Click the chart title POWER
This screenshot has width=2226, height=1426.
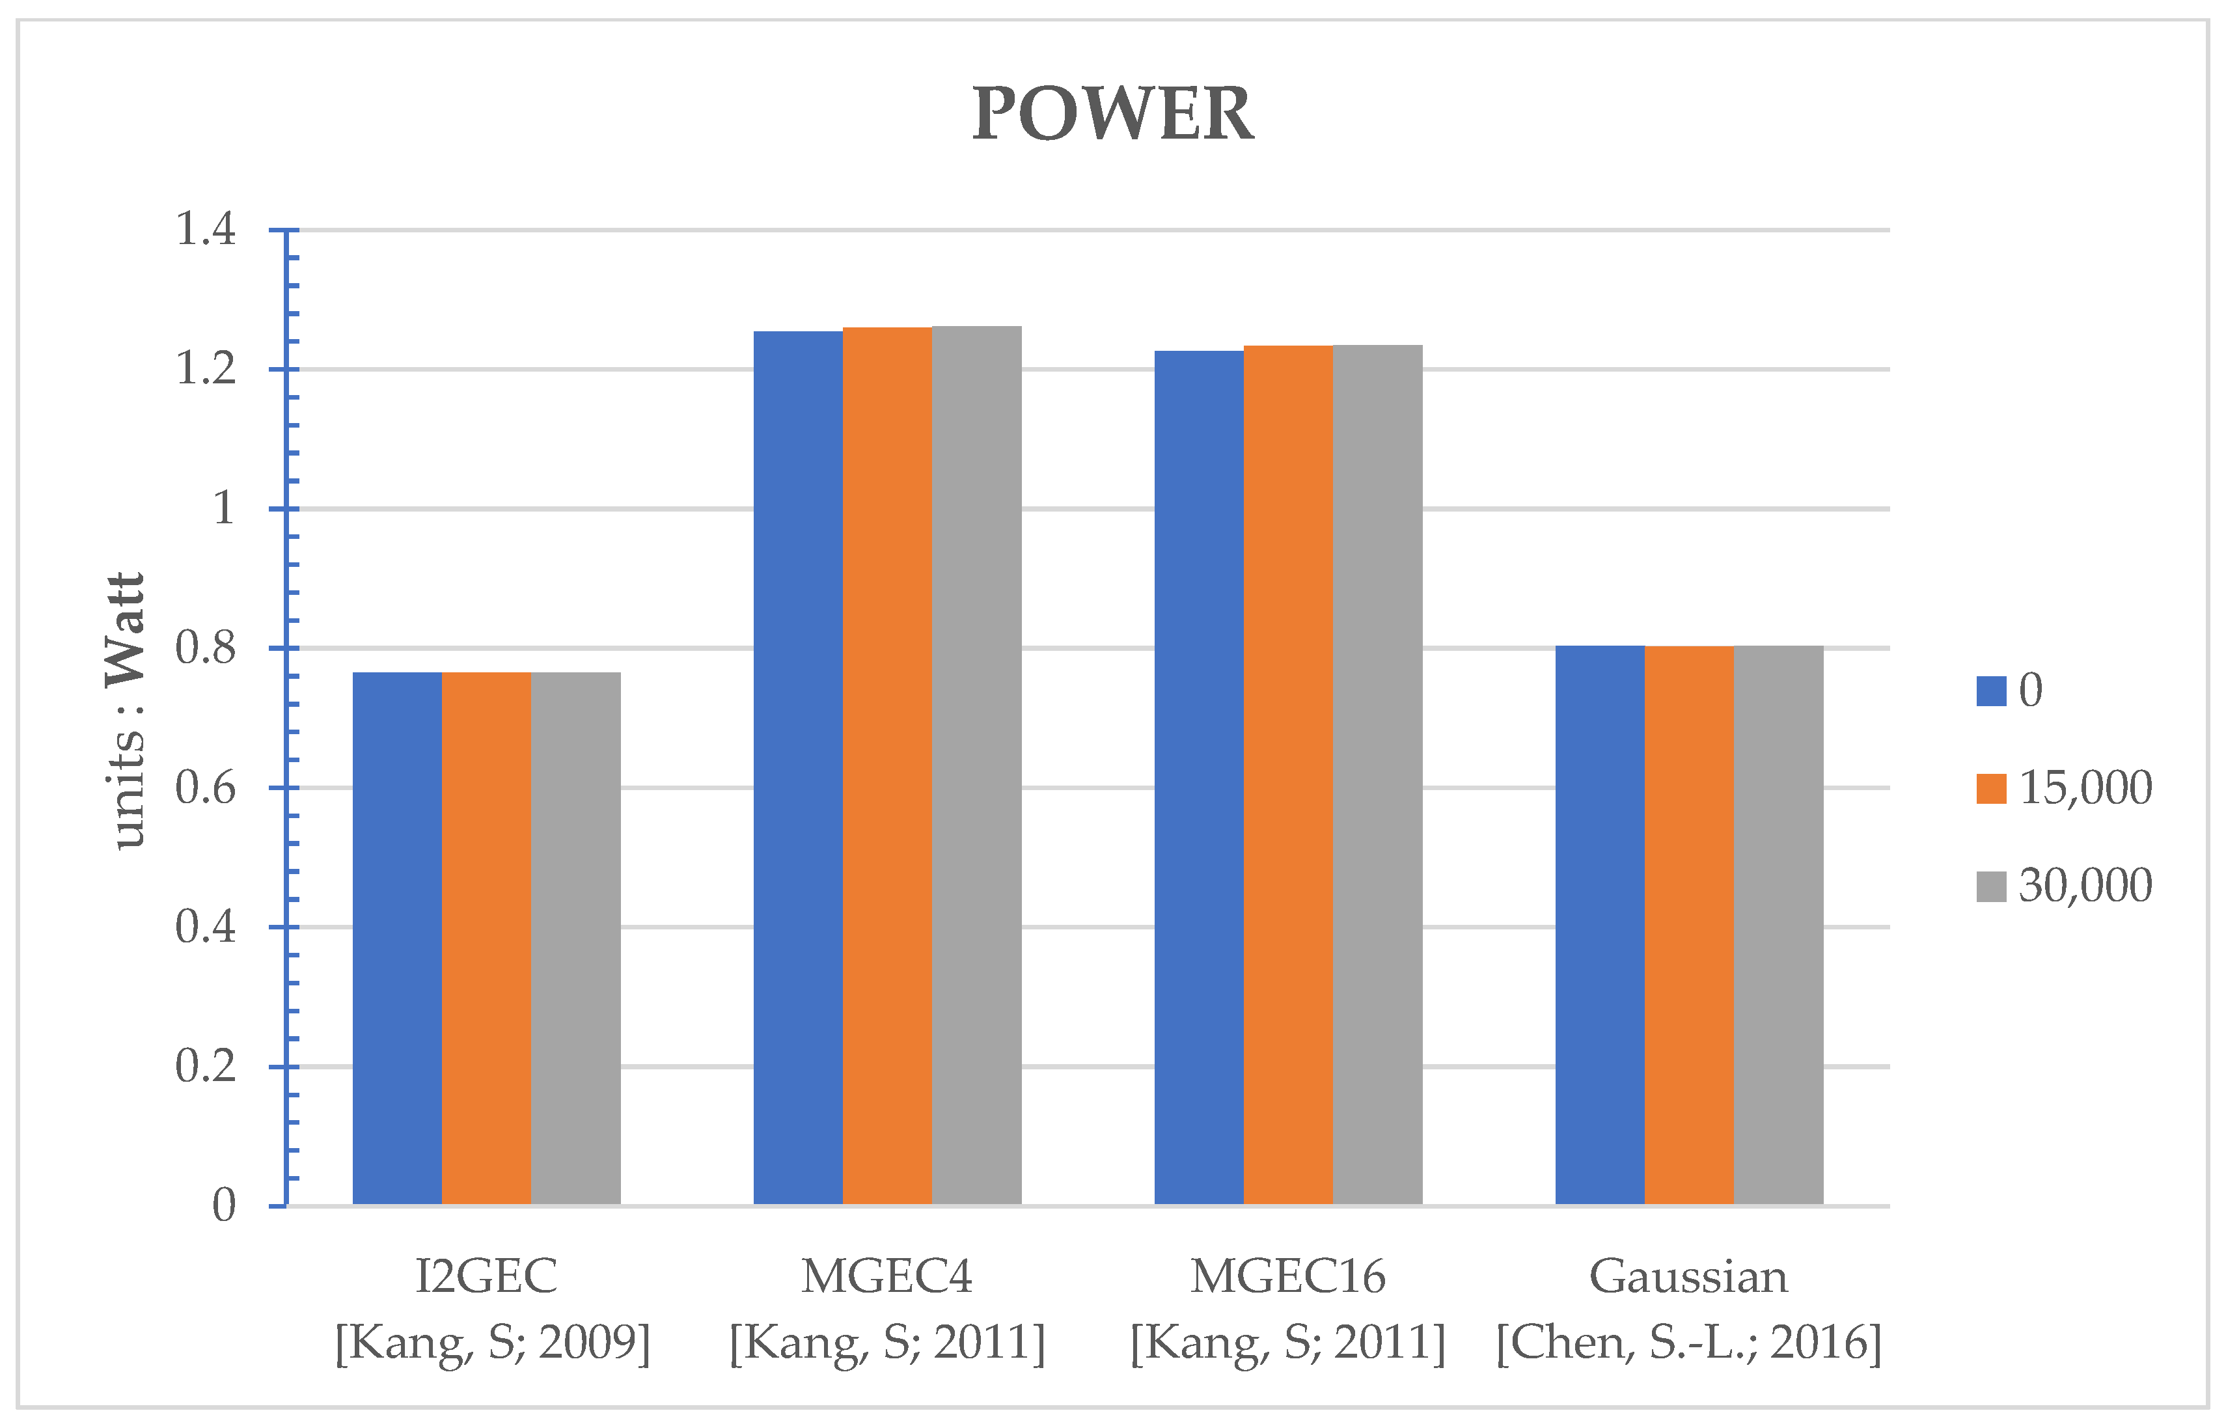click(x=1112, y=114)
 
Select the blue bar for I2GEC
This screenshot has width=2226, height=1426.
click(x=397, y=937)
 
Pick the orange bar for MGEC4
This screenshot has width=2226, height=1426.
click(x=887, y=766)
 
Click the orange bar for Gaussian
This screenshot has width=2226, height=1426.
click(x=1689, y=925)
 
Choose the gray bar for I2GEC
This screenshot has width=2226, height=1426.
click(x=576, y=937)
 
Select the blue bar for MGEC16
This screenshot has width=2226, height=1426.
click(x=1198, y=777)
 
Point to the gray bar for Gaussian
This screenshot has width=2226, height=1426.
click(x=1778, y=925)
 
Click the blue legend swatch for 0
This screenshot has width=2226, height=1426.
click(x=1991, y=691)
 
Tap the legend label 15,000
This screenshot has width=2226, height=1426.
click(x=2085, y=788)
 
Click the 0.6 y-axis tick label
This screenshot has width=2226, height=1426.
click(x=206, y=788)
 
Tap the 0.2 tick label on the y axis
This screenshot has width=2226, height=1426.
click(x=206, y=1067)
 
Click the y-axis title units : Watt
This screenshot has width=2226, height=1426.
click(x=126, y=711)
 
